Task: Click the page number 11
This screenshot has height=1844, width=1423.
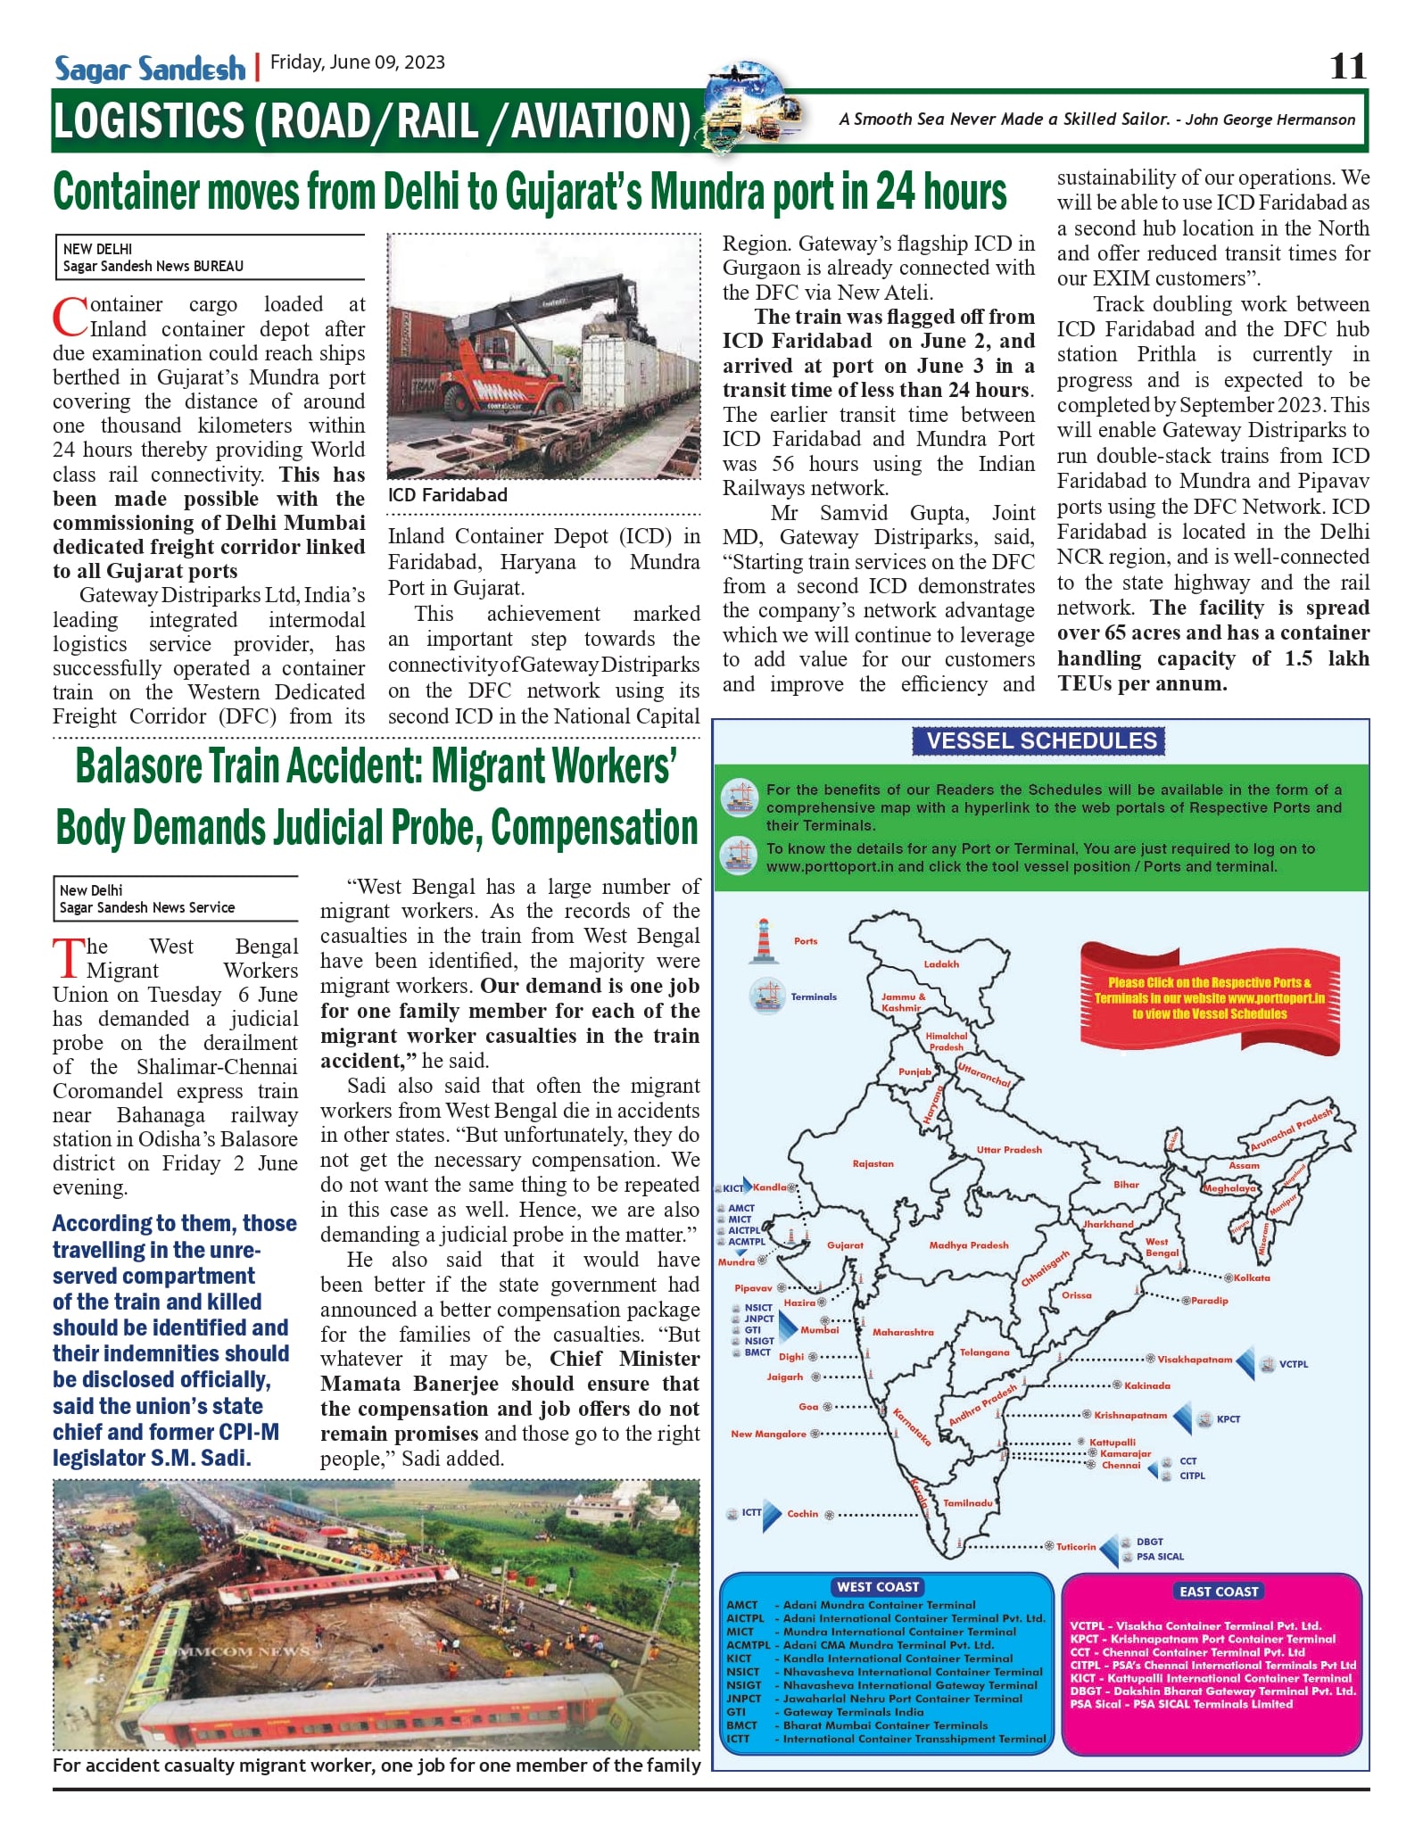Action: pos(1347,66)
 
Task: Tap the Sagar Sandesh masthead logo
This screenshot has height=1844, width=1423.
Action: pos(150,68)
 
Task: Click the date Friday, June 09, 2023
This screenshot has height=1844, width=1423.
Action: pos(357,62)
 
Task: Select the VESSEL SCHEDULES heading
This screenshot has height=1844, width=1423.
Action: pos(1040,740)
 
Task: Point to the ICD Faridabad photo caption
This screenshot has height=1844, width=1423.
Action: pos(448,495)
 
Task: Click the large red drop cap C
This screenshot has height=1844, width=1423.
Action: pos(70,318)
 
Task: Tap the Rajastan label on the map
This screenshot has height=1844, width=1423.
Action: pos(873,1163)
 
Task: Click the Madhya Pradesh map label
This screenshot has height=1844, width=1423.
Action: pos(968,1244)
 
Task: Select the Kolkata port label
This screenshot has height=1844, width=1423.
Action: pos(1252,1278)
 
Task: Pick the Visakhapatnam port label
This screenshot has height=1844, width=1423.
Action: pos(1195,1360)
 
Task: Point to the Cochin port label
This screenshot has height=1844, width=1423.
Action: pos(802,1513)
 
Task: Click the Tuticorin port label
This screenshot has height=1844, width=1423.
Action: pos(1076,1546)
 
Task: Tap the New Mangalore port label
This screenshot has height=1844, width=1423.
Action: pos(768,1434)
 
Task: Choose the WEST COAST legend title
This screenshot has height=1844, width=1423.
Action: pos(878,1586)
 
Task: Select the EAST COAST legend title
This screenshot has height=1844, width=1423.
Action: pos(1218,1591)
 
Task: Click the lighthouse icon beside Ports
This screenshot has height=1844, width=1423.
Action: pos(763,940)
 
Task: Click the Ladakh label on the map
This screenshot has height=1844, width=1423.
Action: pos(941,963)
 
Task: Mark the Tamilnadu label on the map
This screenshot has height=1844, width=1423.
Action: pos(968,1502)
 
